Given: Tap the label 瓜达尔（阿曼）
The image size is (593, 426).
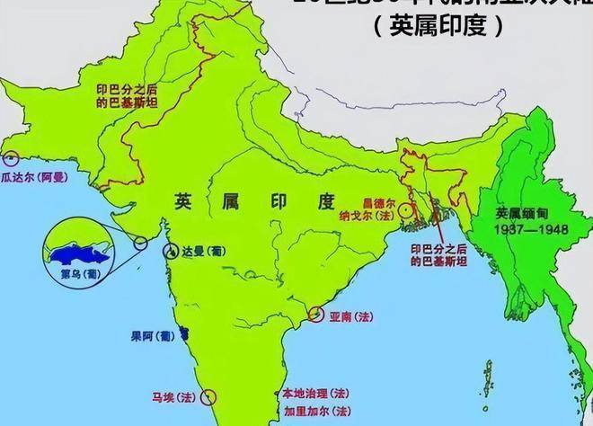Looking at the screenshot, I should tap(35, 179).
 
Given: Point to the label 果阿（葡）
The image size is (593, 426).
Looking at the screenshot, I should tap(151, 336).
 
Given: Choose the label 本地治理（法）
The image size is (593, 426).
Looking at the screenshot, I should tap(315, 394).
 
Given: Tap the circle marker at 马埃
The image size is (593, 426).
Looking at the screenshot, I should tap(209, 396).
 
